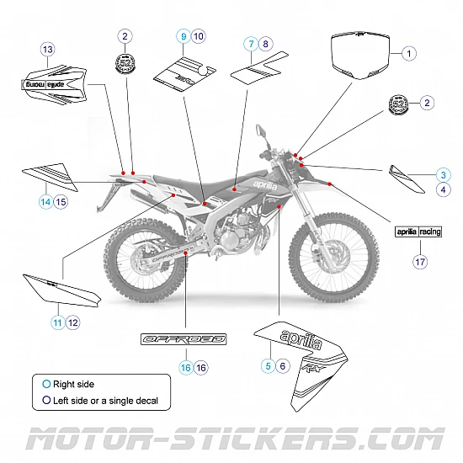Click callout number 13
click(47, 51)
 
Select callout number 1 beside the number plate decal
click(409, 53)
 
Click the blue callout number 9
click(182, 36)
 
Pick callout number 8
click(266, 43)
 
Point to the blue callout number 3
click(442, 174)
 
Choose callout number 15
click(61, 202)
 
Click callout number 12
click(73, 322)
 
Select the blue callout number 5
click(268, 365)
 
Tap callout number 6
click(283, 365)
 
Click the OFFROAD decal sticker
click(183, 339)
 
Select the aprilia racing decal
click(418, 230)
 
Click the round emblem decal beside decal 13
click(125, 64)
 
